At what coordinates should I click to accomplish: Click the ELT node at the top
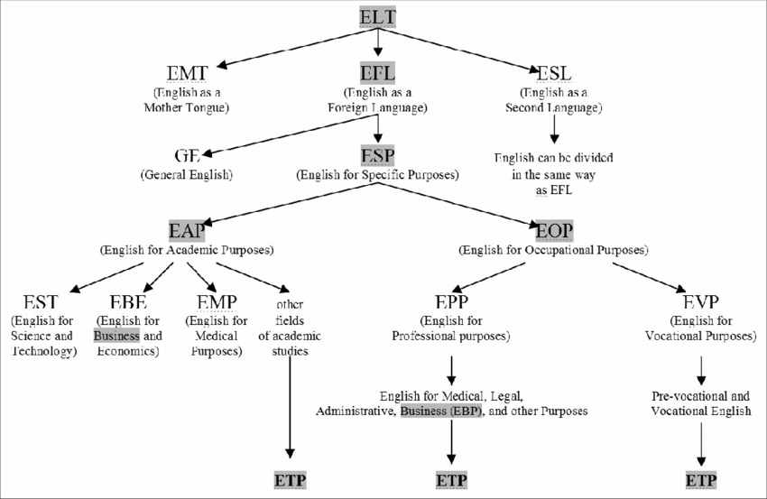coord(378,16)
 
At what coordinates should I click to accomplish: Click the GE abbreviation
coord(186,155)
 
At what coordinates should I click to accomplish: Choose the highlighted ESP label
coord(378,154)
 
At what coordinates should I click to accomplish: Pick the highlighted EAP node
coord(187,229)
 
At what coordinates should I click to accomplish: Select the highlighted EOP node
coord(553,229)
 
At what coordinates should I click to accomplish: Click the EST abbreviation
coord(42,301)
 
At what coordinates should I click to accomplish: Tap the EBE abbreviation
coord(129,301)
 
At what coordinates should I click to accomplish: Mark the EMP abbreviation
coord(216,301)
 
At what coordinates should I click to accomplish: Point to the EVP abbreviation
coord(700,301)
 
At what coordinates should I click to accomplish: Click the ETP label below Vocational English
coord(701,480)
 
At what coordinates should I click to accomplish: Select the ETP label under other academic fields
coord(290,480)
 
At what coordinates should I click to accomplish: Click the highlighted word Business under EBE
coord(117,337)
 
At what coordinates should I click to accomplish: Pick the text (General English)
coord(186,174)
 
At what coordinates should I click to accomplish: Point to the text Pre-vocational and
coord(700,395)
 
